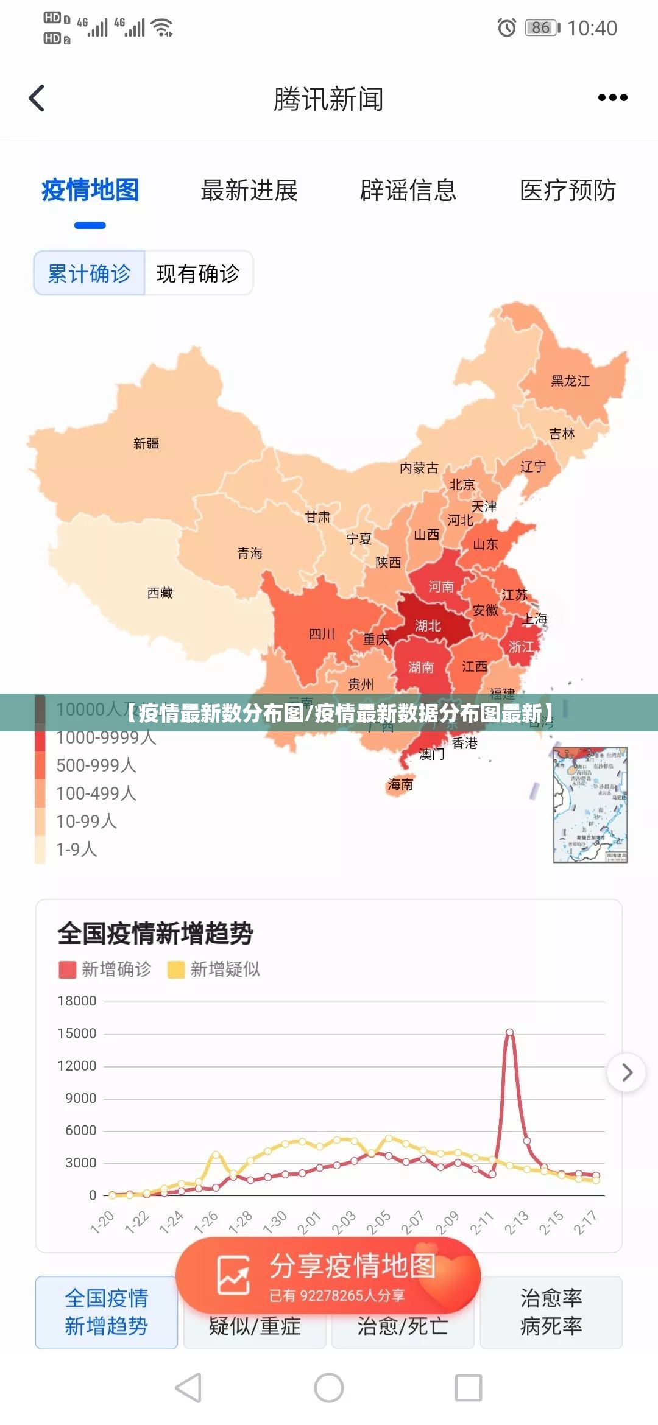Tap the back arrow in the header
point(37,98)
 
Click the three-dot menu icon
point(612,97)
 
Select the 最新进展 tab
point(249,191)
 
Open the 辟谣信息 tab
point(408,191)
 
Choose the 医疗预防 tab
point(567,191)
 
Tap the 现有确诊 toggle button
point(198,273)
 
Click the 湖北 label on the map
point(428,625)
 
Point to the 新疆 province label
point(146,443)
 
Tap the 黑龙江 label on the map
point(570,381)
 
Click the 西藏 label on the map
point(160,593)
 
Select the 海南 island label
point(400,784)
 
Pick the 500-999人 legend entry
point(96,765)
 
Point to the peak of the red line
point(509,1032)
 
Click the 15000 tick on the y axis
point(77,1033)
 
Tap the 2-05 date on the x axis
point(378,1222)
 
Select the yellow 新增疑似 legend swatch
point(176,969)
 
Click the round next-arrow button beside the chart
point(626,1072)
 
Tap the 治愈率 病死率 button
point(551,1312)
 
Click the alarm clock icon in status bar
point(506,27)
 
